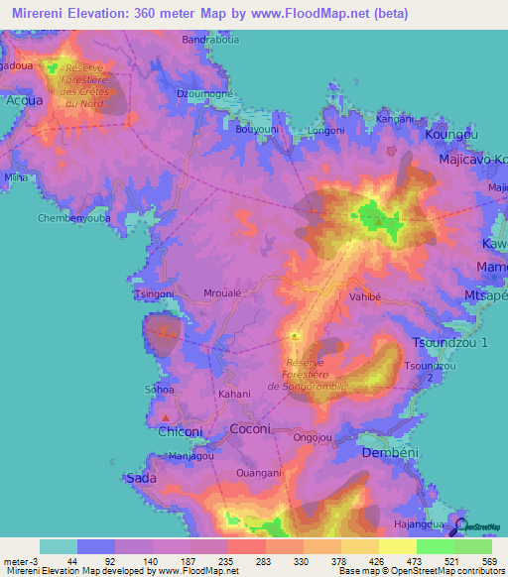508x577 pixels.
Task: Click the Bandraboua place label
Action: pyautogui.click(x=208, y=41)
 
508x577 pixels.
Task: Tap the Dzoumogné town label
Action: pyautogui.click(x=203, y=93)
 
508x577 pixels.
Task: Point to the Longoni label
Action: pyautogui.click(x=325, y=129)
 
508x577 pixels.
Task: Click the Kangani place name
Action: pyautogui.click(x=396, y=119)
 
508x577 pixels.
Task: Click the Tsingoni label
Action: pyautogui.click(x=152, y=294)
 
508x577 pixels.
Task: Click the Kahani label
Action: pyautogui.click(x=234, y=394)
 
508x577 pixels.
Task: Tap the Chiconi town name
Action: pyautogui.click(x=181, y=431)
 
